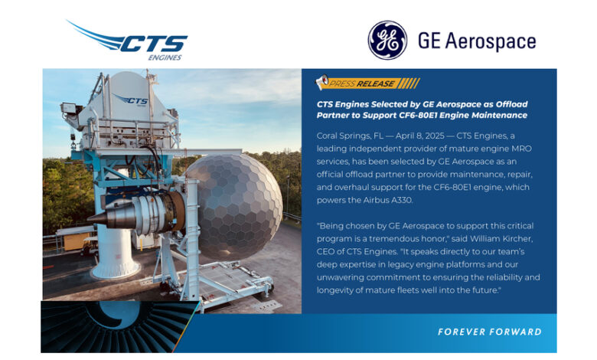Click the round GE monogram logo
pyautogui.click(x=387, y=41)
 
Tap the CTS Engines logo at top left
pyautogui.click(x=128, y=41)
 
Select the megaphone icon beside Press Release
pyautogui.click(x=322, y=81)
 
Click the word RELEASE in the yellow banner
pyautogui.click(x=375, y=83)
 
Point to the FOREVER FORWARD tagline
pyautogui.click(x=490, y=332)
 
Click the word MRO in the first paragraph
pyautogui.click(x=522, y=149)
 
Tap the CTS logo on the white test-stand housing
pyautogui.click(x=131, y=100)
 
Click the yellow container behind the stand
pyautogui.click(x=77, y=242)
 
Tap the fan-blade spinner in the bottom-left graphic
pyautogui.click(x=114, y=314)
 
